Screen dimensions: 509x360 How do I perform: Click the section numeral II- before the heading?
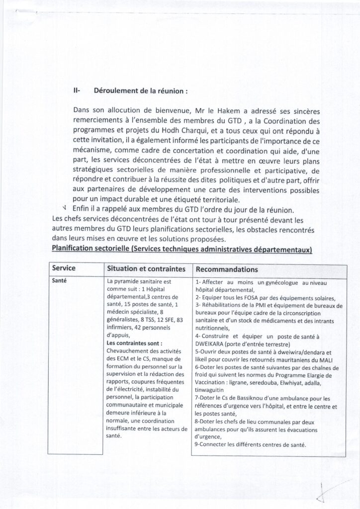tap(77, 91)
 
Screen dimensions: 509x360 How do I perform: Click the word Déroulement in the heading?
tap(113, 91)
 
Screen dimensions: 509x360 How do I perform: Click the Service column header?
tap(64, 268)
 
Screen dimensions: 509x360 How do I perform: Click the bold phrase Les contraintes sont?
tap(134, 343)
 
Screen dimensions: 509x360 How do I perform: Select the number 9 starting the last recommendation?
tap(197, 444)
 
